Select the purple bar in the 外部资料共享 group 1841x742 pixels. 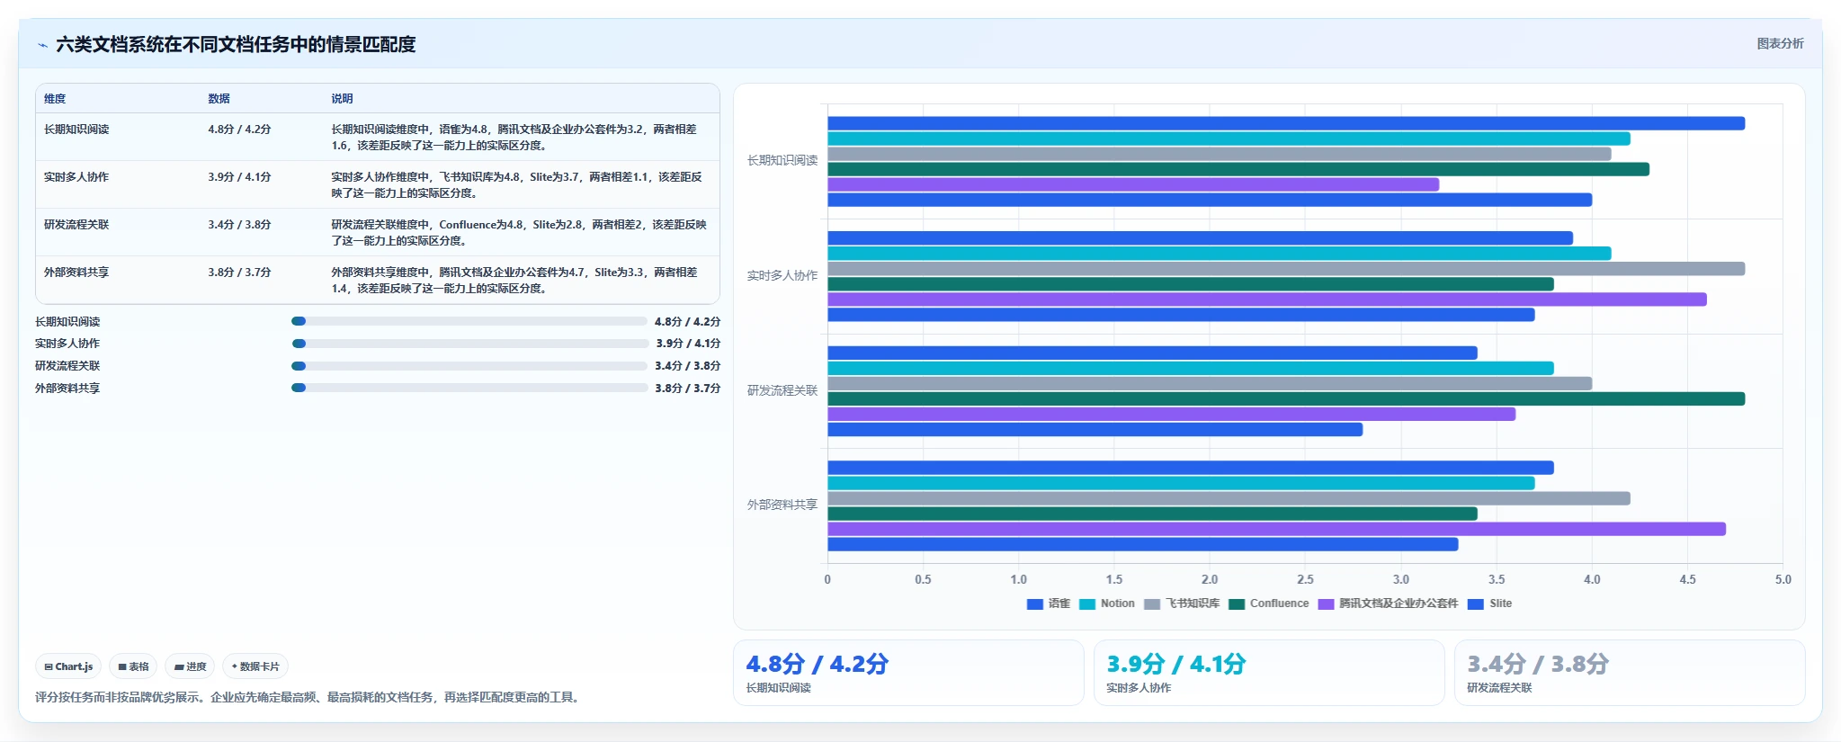(1276, 529)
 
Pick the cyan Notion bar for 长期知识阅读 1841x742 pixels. (1229, 139)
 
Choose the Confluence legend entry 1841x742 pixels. (1269, 603)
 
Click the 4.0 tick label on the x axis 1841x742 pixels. (1592, 579)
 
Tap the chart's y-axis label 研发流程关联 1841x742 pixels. (782, 390)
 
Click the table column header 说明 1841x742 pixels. (342, 99)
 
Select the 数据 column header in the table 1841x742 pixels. (219, 99)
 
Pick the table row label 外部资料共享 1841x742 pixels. (76, 272)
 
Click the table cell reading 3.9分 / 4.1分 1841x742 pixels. (239, 177)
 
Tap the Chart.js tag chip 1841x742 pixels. (68, 666)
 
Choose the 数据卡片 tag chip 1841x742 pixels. (255, 666)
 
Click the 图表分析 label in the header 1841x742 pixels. (1781, 43)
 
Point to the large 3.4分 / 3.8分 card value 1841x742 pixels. (1538, 664)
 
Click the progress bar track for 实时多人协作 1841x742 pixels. (470, 344)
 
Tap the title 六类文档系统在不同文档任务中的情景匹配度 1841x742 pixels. (236, 44)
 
